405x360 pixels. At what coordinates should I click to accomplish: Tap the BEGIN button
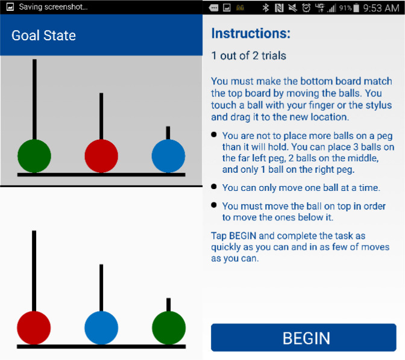(x=304, y=338)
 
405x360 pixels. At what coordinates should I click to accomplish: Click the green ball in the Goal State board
(x=34, y=156)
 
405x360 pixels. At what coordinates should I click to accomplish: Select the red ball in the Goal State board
(x=101, y=156)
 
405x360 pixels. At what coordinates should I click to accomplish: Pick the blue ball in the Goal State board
(x=168, y=156)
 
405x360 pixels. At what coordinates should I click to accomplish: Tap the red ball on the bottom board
(x=34, y=327)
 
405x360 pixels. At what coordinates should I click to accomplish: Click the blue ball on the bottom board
(x=101, y=327)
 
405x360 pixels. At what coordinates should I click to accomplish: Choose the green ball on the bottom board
(x=169, y=327)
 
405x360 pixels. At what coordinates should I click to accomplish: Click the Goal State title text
(x=43, y=36)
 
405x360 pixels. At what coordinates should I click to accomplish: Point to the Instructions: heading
(x=251, y=33)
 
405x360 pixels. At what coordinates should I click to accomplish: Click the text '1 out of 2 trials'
(x=249, y=55)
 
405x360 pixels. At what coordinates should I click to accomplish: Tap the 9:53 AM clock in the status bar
(x=381, y=8)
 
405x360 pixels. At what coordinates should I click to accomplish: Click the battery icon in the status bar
(x=356, y=8)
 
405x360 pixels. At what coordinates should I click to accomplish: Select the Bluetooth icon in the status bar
(x=266, y=8)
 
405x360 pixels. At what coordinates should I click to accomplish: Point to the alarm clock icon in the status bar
(x=306, y=8)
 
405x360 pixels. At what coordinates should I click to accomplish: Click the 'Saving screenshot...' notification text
(x=53, y=7)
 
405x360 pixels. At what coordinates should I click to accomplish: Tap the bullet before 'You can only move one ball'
(x=213, y=187)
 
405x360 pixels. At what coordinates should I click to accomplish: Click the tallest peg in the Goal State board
(x=34, y=99)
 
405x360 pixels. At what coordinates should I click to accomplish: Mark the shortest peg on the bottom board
(x=168, y=305)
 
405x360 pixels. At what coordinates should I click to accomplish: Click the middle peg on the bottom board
(x=101, y=288)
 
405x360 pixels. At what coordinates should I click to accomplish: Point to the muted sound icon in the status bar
(x=293, y=8)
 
